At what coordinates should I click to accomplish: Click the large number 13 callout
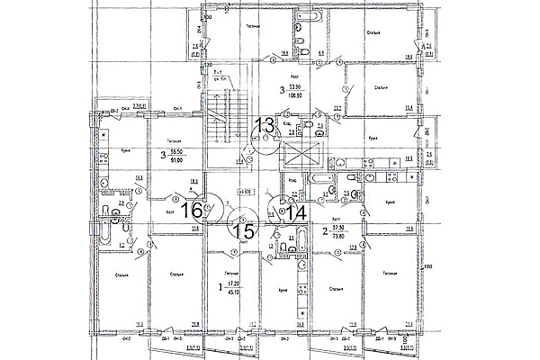[265, 125]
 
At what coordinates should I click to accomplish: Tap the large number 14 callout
[297, 212]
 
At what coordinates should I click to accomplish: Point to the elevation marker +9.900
[243, 192]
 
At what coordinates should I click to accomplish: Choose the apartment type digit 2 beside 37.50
[325, 232]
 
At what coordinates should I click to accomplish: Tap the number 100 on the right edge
[427, 266]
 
